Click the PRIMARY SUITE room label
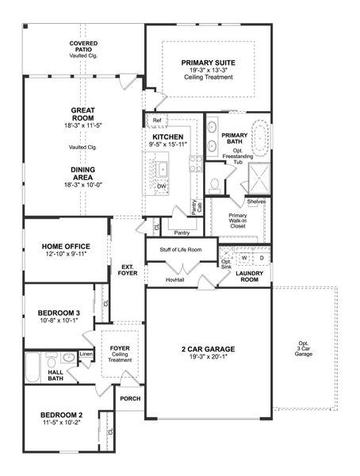(x=207, y=63)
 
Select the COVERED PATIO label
(x=83, y=46)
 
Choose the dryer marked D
(x=261, y=258)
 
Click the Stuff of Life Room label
(x=181, y=250)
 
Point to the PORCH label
(x=129, y=399)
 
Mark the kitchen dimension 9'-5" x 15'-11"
(x=167, y=145)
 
